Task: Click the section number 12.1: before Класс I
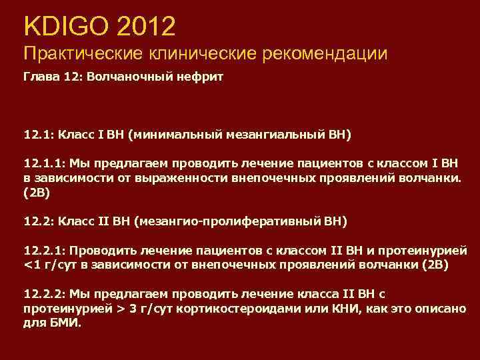coord(39,135)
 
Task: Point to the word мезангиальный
coord(271,135)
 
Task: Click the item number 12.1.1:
coord(44,163)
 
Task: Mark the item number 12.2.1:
coord(44,251)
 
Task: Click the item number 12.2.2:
coord(44,294)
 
